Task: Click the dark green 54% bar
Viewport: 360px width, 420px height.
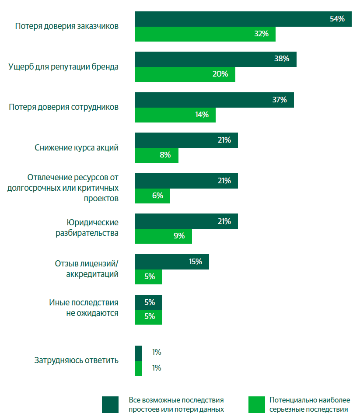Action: click(243, 19)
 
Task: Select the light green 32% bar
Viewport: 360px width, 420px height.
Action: click(205, 34)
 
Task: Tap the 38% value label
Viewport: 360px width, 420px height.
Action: click(282, 59)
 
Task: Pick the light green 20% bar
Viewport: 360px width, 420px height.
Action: click(185, 74)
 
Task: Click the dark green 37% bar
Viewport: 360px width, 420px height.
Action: click(214, 100)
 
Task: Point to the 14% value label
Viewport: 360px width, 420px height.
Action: click(202, 115)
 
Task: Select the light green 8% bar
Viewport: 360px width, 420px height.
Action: click(156, 155)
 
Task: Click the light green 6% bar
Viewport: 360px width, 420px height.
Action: click(152, 196)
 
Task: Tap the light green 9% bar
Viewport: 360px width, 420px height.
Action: click(163, 236)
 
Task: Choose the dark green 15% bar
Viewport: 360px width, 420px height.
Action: click(171, 262)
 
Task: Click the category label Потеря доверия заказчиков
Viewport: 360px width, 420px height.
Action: click(67, 26)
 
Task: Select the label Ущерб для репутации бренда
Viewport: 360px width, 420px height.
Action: click(63, 67)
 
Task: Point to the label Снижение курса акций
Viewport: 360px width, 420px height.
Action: click(77, 147)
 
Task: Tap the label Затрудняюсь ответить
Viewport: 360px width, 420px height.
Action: click(77, 360)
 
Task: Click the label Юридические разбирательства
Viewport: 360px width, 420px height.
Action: click(87, 227)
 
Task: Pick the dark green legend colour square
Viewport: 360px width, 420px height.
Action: click(110, 404)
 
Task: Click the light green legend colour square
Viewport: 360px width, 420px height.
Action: click(257, 404)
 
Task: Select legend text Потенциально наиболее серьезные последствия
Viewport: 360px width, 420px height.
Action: click(309, 405)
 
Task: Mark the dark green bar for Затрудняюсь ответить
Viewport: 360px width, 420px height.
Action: click(138, 353)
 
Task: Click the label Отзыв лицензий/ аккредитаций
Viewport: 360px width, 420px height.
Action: click(87, 269)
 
